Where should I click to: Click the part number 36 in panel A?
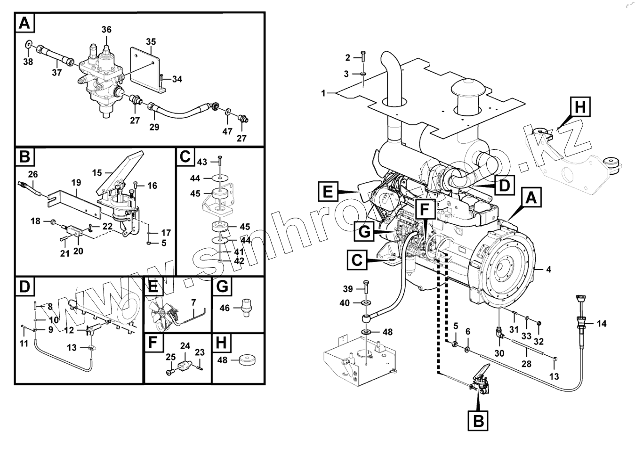106,30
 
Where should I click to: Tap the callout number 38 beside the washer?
28,61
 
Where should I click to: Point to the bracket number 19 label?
76,182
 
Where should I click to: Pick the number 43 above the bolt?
202,162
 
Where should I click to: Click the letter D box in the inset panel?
24,287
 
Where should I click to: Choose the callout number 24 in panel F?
185,346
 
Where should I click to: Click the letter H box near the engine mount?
580,107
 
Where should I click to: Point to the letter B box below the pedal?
478,420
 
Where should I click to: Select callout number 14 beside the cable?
602,324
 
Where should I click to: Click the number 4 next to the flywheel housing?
548,270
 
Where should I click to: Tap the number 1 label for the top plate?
323,93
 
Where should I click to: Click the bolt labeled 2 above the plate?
363,55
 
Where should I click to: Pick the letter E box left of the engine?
328,192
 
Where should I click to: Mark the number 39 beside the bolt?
347,289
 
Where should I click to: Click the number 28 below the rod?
526,363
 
